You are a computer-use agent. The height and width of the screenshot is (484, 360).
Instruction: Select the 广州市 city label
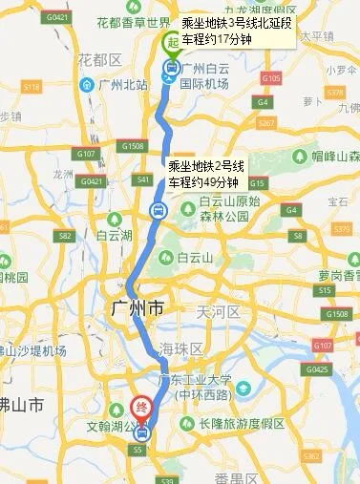(x=138, y=310)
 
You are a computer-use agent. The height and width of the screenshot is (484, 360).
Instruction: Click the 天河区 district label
(x=215, y=312)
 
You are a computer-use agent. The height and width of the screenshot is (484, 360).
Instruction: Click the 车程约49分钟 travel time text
(x=202, y=181)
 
